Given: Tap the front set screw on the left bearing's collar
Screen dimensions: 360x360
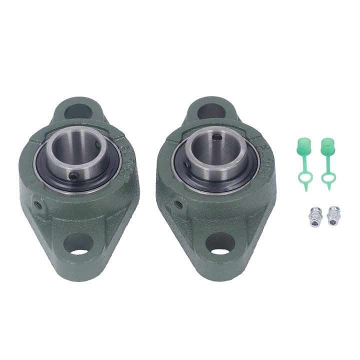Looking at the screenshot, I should click(74, 175).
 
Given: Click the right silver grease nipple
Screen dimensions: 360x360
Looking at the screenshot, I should click(332, 215).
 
